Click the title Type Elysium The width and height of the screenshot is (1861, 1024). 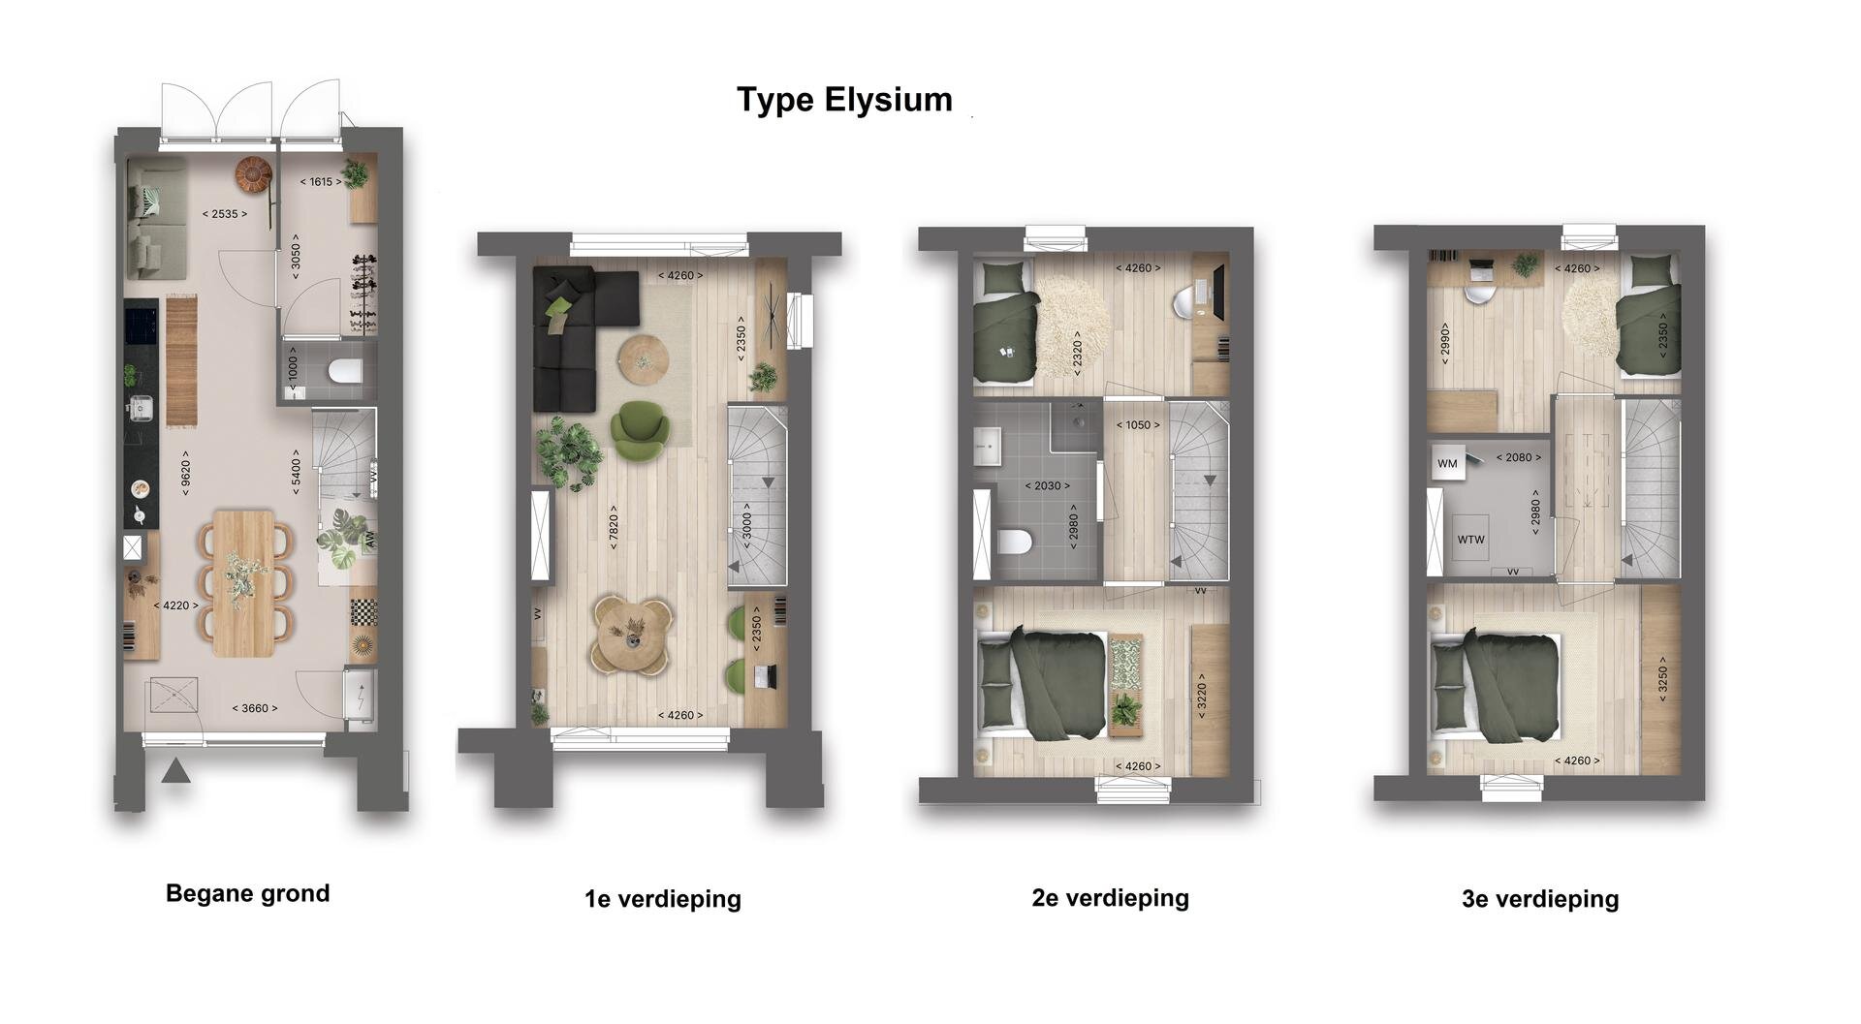844,100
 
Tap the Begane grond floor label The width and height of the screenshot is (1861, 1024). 248,893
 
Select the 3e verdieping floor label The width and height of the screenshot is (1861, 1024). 1540,899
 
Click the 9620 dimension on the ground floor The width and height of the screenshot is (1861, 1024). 185,472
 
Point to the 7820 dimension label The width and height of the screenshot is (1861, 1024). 613,533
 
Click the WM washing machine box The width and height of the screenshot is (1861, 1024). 1447,463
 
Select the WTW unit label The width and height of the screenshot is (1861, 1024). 1470,540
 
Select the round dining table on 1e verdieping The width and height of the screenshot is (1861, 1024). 633,634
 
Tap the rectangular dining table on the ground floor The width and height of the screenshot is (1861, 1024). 244,583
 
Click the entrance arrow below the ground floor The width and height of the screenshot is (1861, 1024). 175,771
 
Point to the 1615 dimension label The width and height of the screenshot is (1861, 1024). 321,182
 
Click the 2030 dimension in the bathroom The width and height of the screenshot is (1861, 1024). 1048,486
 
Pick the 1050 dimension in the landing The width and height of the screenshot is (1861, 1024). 1138,425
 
